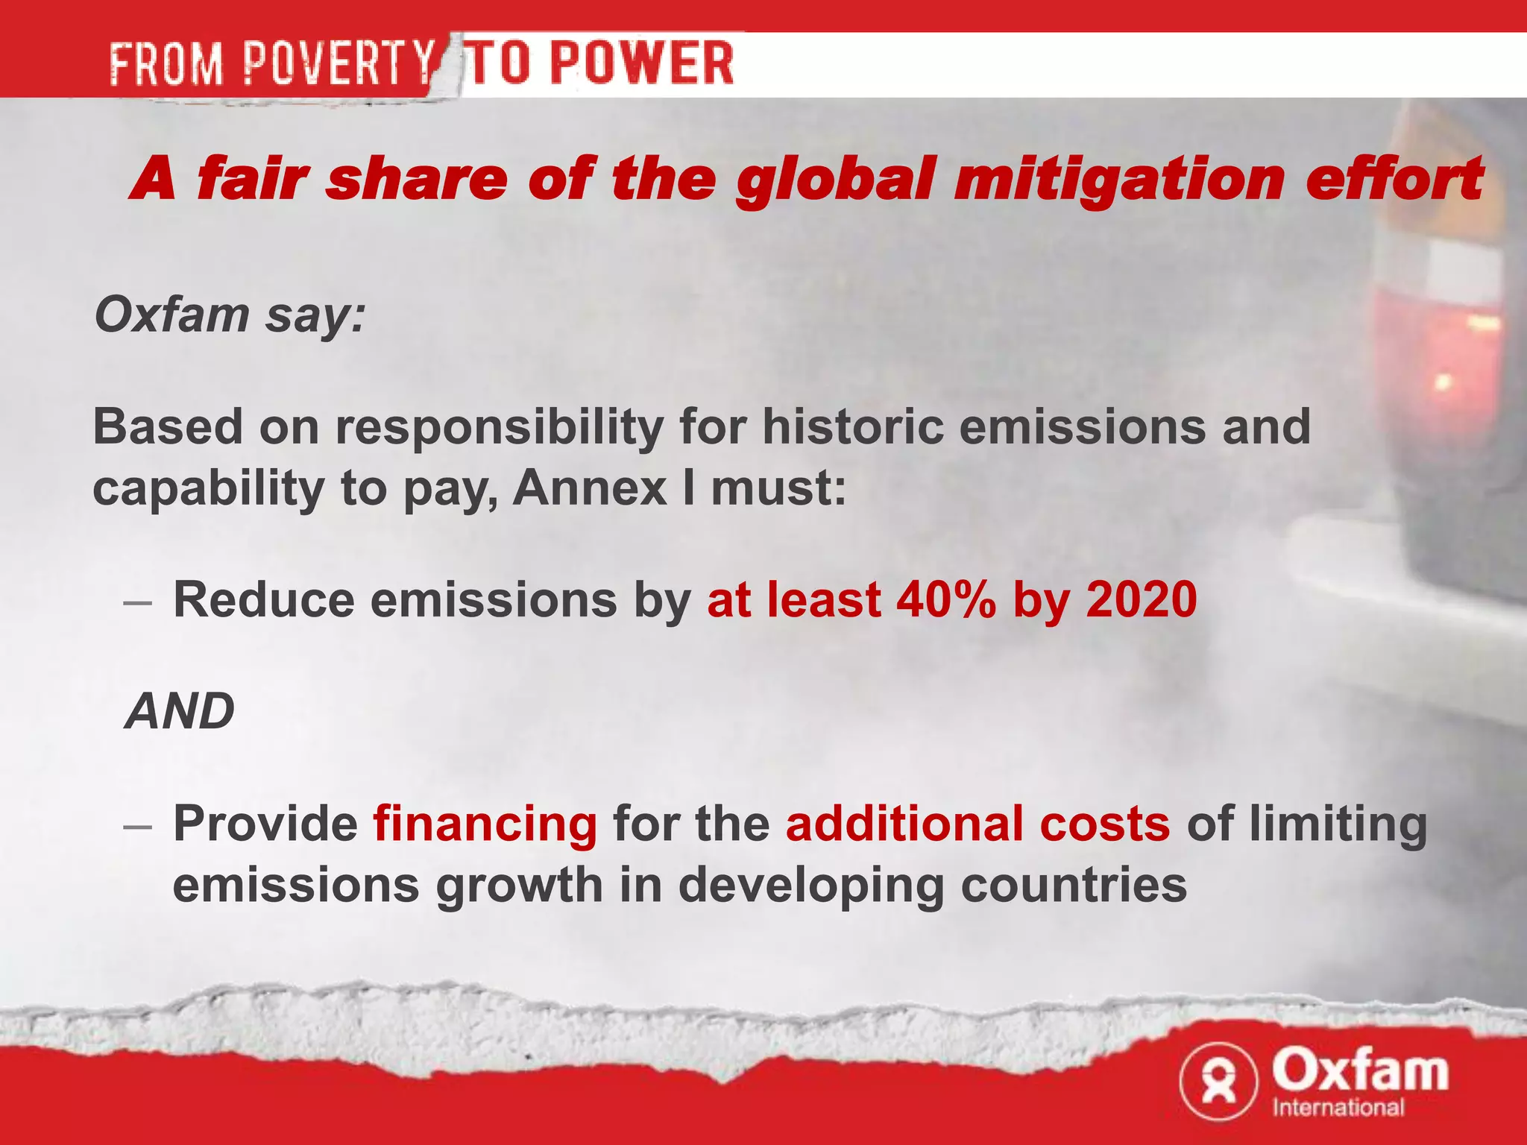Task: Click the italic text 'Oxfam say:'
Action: pos(230,315)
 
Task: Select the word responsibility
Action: pos(499,428)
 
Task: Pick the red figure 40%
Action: pos(945,599)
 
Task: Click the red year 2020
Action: pos(1142,599)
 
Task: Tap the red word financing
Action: pos(485,824)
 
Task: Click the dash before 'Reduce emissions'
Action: pos(139,601)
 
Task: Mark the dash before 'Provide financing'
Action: pos(139,826)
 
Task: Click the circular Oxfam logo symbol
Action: pos(1218,1081)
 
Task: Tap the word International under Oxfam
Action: pos(1338,1107)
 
